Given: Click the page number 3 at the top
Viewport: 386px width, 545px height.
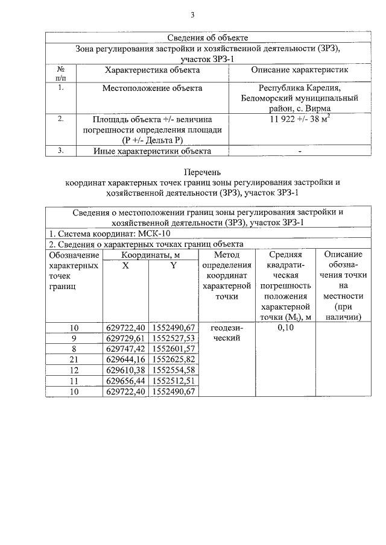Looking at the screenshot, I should [192, 15].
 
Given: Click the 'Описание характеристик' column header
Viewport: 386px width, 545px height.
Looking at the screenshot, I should [299, 70].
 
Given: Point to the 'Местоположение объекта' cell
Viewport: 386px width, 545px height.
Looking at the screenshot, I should [152, 88].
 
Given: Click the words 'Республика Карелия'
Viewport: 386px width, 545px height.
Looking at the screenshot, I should [299, 88].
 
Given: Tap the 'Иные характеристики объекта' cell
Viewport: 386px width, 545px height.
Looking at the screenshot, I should [152, 151].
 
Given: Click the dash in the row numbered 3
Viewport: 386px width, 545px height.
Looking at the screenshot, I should [299, 151].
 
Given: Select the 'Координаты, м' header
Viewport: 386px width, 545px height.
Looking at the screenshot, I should [151, 255].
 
